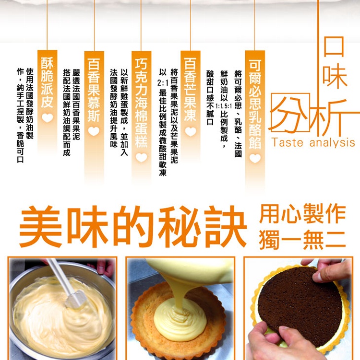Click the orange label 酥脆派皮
(47, 81)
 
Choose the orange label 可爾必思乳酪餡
(254, 103)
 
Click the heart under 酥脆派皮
(47, 117)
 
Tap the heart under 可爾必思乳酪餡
(254, 158)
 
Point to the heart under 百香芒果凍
(191, 131)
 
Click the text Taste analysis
(313, 143)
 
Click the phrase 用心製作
(302, 214)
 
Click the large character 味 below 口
(335, 77)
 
